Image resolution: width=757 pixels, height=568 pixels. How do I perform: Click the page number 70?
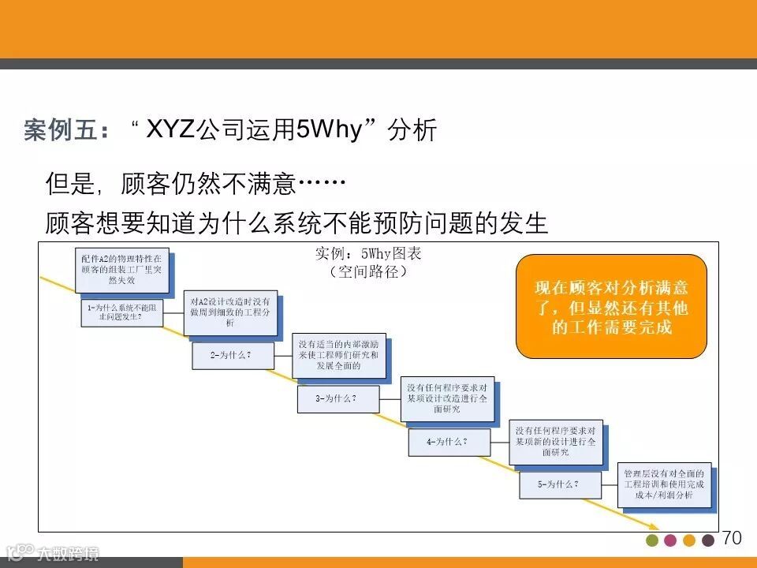(x=732, y=538)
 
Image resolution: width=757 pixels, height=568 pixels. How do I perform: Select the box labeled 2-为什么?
(x=233, y=356)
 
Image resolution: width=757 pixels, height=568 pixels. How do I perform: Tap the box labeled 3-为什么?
(x=337, y=399)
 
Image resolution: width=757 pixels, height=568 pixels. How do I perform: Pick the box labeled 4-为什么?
(x=448, y=443)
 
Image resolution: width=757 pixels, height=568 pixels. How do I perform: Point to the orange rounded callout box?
(x=611, y=307)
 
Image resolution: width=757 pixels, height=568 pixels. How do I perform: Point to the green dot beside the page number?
(x=652, y=540)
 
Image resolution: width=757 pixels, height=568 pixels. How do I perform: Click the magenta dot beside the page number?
(x=670, y=540)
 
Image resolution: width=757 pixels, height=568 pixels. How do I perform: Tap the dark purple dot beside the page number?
(x=708, y=540)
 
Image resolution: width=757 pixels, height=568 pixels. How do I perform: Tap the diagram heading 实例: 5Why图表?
(x=368, y=254)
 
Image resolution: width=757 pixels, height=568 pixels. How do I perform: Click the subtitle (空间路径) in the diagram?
(x=367, y=272)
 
